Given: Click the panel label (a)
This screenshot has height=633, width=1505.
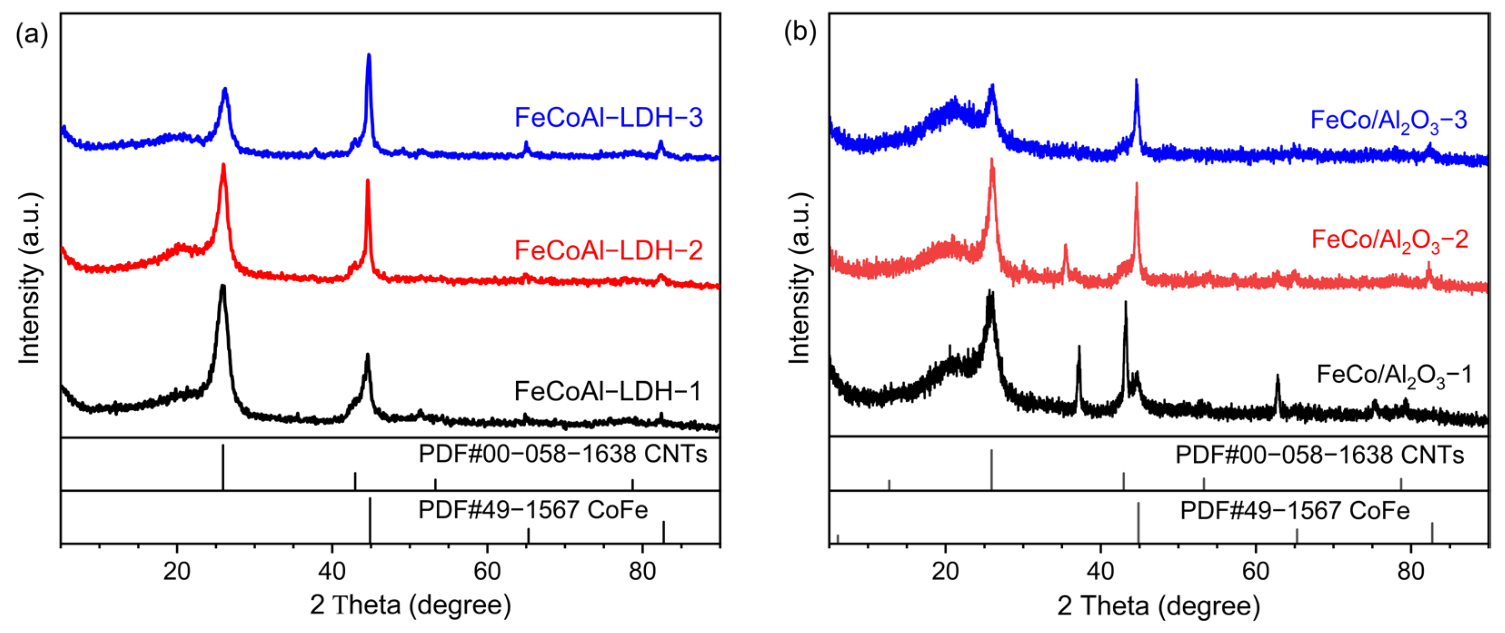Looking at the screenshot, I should point(31,35).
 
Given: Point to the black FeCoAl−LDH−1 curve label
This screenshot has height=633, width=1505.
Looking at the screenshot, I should point(607,391).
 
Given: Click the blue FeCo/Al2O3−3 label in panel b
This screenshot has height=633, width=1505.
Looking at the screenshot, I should point(1388,121).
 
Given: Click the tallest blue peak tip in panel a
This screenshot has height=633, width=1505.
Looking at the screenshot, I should point(369,55).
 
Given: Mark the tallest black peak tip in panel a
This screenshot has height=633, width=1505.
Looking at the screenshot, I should point(223,286).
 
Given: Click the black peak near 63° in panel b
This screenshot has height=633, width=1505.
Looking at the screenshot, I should point(1277,377).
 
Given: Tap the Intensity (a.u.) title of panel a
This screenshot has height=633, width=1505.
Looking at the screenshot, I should point(29,278).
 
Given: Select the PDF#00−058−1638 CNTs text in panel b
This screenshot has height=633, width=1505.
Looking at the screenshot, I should point(1319,455).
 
